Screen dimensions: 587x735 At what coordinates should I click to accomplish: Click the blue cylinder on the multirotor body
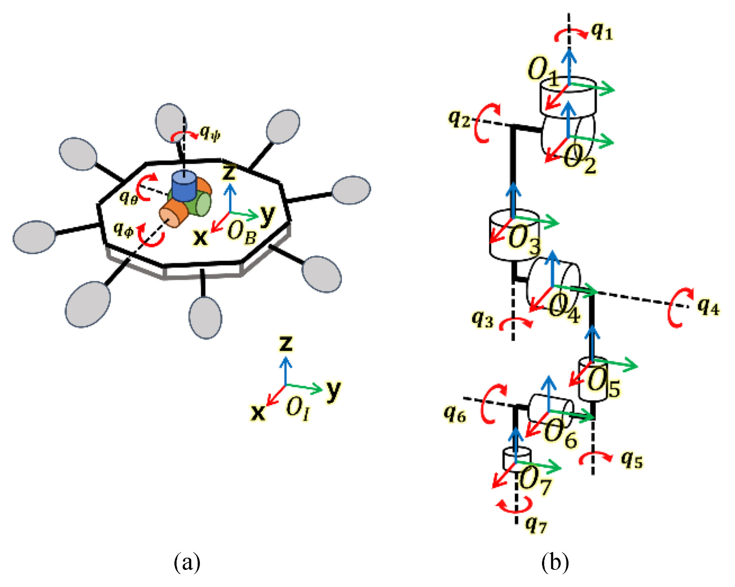pyautogui.click(x=184, y=186)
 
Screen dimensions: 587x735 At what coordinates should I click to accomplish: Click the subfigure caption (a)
pyautogui.click(x=187, y=562)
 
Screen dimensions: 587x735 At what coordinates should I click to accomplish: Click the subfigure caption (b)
pyautogui.click(x=555, y=562)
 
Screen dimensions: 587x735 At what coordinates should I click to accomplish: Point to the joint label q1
pyautogui.click(x=602, y=31)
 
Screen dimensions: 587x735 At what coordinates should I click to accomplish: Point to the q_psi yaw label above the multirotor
pyautogui.click(x=210, y=133)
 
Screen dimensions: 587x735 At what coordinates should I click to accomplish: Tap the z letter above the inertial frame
pyautogui.click(x=286, y=344)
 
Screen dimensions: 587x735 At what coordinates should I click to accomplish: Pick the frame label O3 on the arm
pyautogui.click(x=523, y=239)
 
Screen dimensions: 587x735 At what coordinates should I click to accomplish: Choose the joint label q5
pyautogui.click(x=632, y=460)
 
